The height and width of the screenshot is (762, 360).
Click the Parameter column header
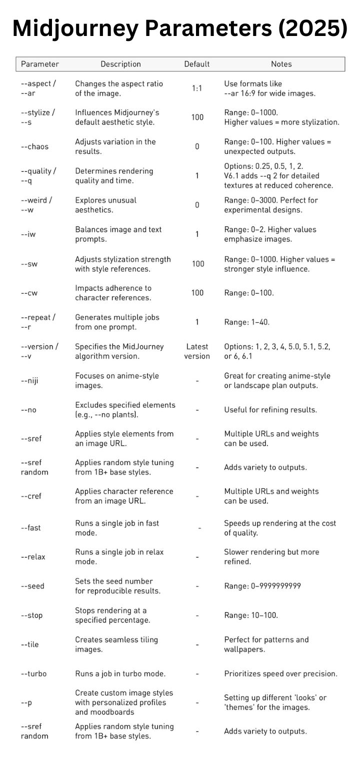(x=40, y=64)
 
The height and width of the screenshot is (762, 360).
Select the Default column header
(x=197, y=64)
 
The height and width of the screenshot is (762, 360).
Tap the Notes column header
(x=281, y=64)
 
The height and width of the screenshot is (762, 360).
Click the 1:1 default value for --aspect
(x=197, y=88)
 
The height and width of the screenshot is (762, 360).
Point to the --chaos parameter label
(x=34, y=146)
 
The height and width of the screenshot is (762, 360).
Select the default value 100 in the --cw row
(x=197, y=293)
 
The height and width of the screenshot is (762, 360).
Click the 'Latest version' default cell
(x=197, y=351)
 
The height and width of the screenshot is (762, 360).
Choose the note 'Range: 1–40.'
(x=247, y=322)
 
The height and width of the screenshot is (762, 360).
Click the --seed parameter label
(x=32, y=586)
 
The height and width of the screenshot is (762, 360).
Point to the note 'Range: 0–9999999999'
(x=262, y=586)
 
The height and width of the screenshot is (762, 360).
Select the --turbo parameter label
(x=33, y=674)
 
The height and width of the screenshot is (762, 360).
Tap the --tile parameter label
(x=30, y=644)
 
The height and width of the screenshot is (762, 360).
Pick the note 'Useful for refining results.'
(x=270, y=410)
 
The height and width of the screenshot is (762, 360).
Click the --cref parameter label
(x=31, y=496)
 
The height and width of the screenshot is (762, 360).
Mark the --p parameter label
(x=26, y=703)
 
